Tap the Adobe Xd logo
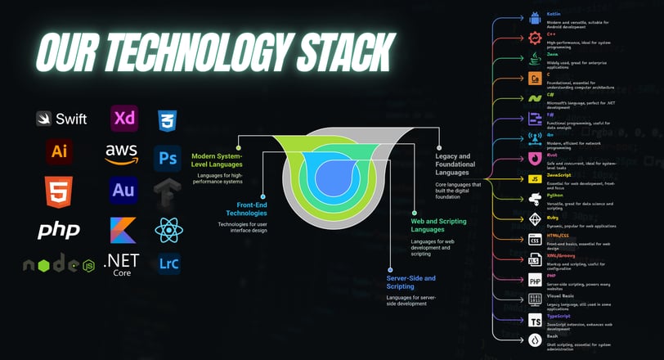point(125,119)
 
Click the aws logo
point(122,153)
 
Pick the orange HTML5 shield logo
point(59,192)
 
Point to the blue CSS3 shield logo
point(168,120)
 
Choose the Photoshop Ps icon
point(168,156)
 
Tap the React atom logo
point(168,229)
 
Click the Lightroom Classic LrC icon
point(168,263)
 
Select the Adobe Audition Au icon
point(123,192)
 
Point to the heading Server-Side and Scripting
point(411,282)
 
